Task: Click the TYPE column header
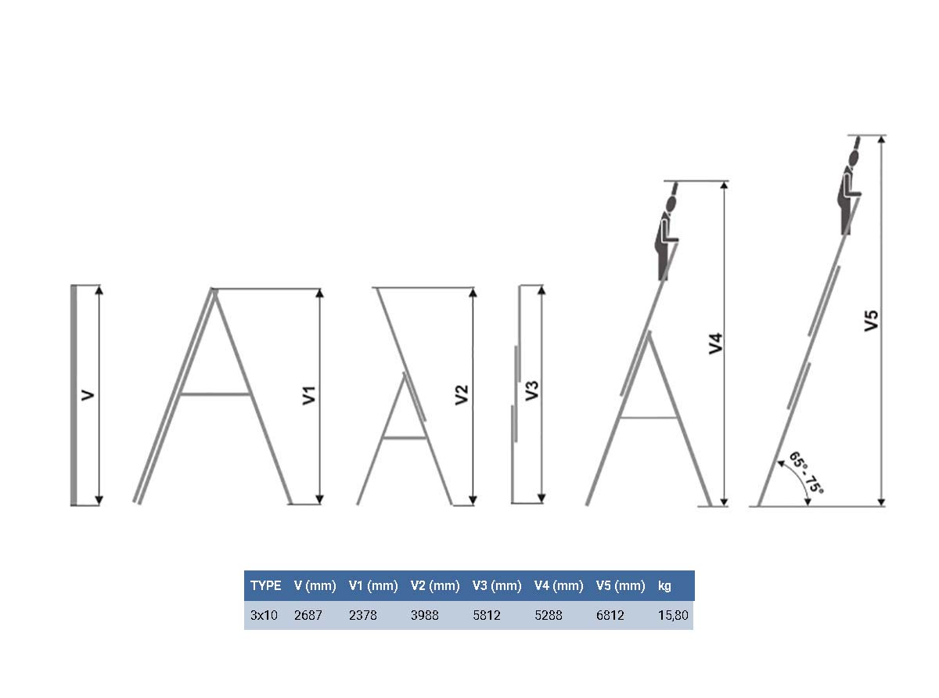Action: pyautogui.click(x=265, y=586)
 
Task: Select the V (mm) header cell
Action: pyautogui.click(x=315, y=586)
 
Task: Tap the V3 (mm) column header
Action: pyautogui.click(x=497, y=586)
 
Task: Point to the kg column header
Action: pyautogui.click(x=664, y=586)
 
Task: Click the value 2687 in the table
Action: pyautogui.click(x=308, y=615)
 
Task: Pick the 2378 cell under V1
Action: pyautogui.click(x=363, y=615)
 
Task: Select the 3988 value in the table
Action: pyautogui.click(x=425, y=615)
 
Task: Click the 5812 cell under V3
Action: pyautogui.click(x=487, y=615)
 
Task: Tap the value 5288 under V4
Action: pyautogui.click(x=549, y=615)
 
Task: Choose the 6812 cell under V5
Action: pyautogui.click(x=610, y=615)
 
